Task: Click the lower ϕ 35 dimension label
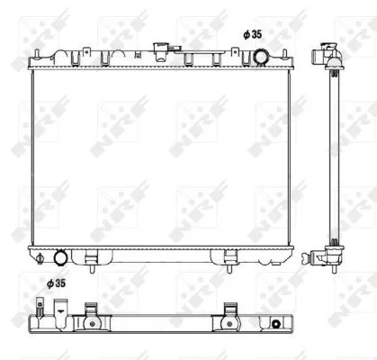tap(56, 283)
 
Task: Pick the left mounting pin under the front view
tap(92, 264)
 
